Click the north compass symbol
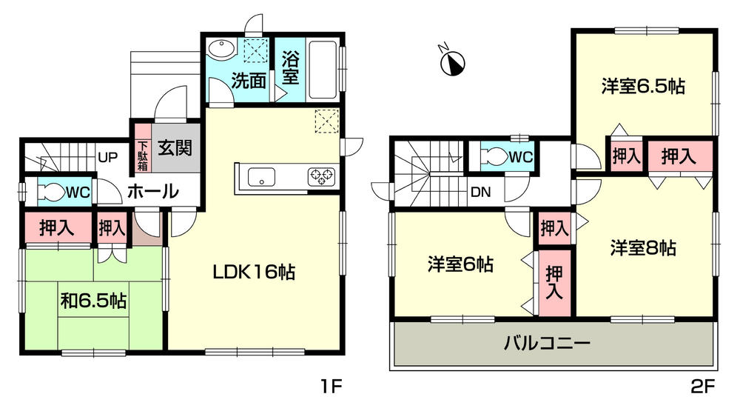pos(453,62)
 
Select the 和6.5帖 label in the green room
pos(92,301)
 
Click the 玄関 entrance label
pos(175,148)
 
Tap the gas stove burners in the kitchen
pos(321,176)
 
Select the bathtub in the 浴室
pos(321,68)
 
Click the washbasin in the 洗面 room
pos(221,49)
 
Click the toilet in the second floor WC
pos(493,156)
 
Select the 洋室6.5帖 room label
pos(642,87)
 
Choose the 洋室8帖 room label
pos(643,247)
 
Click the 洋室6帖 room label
pos(460,263)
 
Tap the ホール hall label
pos(152,191)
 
